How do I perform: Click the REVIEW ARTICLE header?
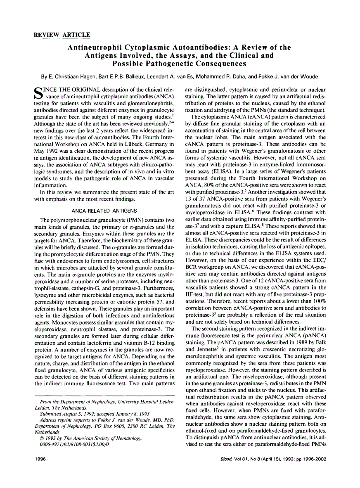[62, 35]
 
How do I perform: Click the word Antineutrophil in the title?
[93, 47]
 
